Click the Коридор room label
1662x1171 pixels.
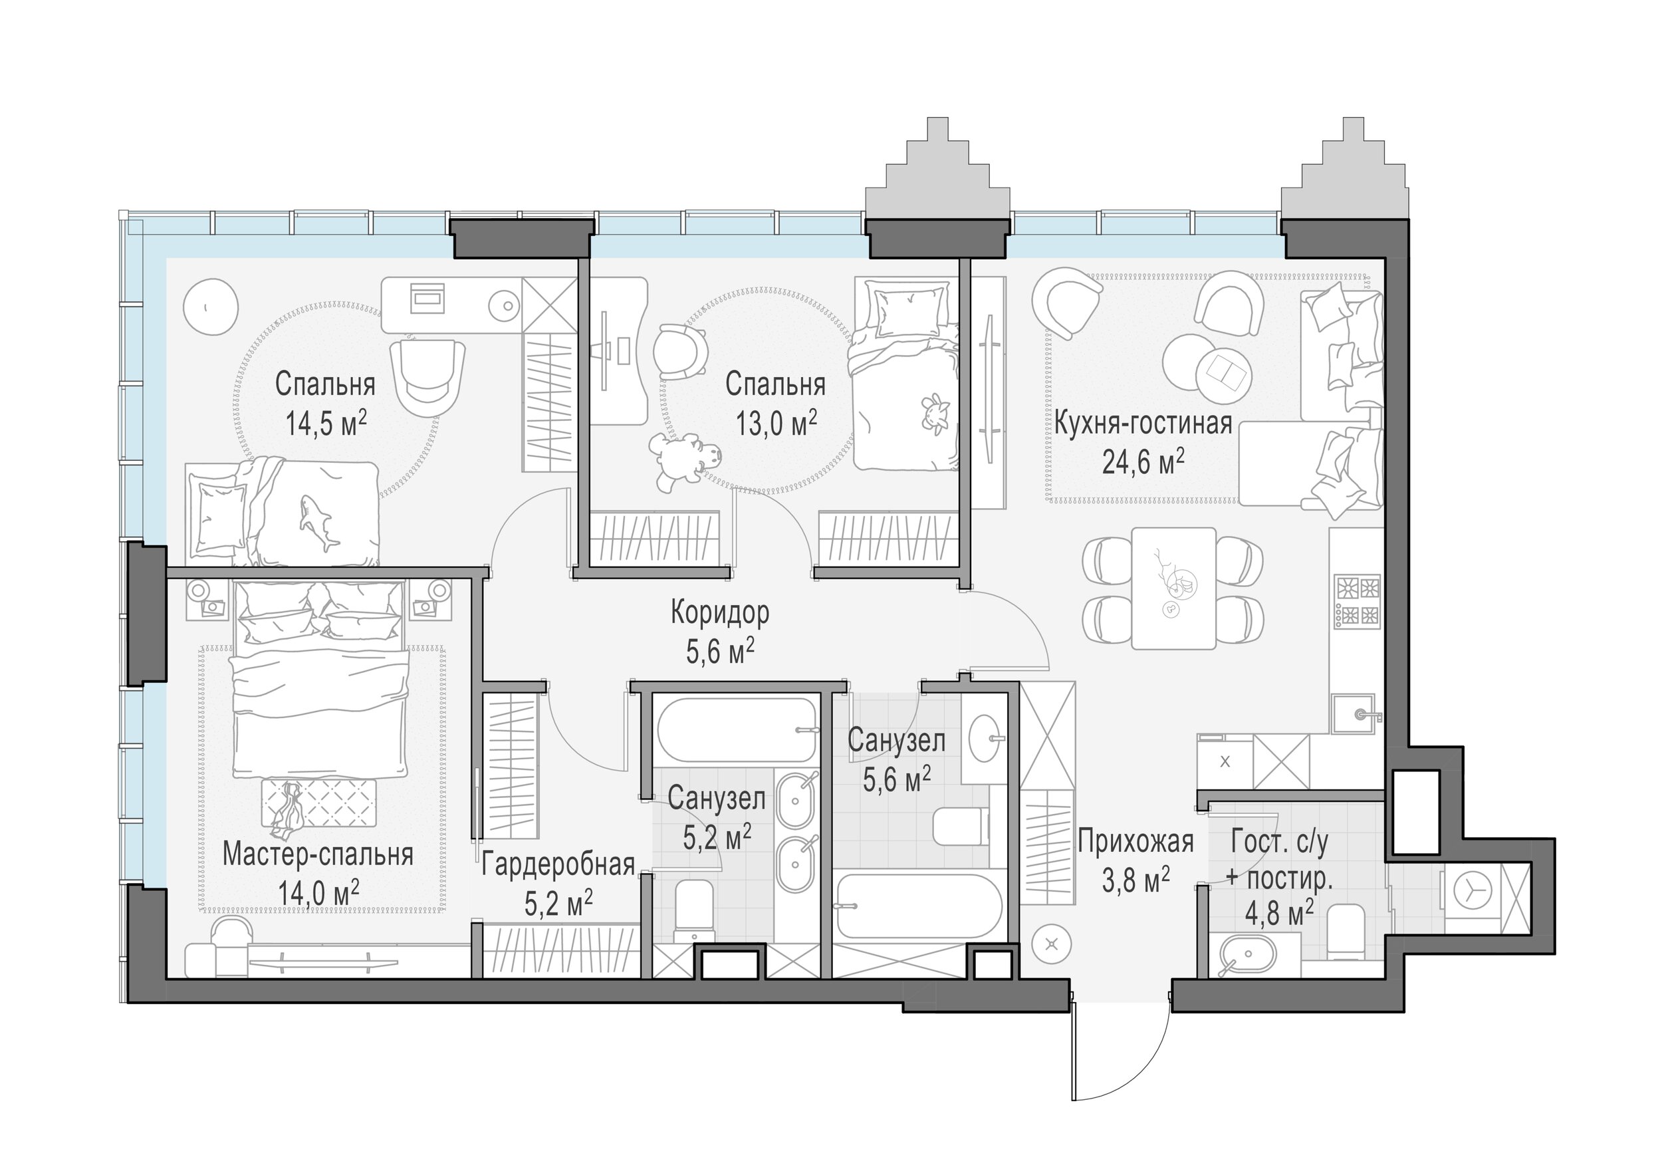[719, 612]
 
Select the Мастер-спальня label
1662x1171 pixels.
[318, 855]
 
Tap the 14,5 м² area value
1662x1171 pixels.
[326, 423]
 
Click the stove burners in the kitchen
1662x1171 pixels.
[1358, 600]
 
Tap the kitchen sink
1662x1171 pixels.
[1358, 716]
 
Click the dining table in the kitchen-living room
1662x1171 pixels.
[1173, 588]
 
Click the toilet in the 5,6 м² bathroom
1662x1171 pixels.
[961, 827]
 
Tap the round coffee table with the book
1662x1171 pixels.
[1224, 374]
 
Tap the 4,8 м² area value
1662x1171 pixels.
[1279, 914]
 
